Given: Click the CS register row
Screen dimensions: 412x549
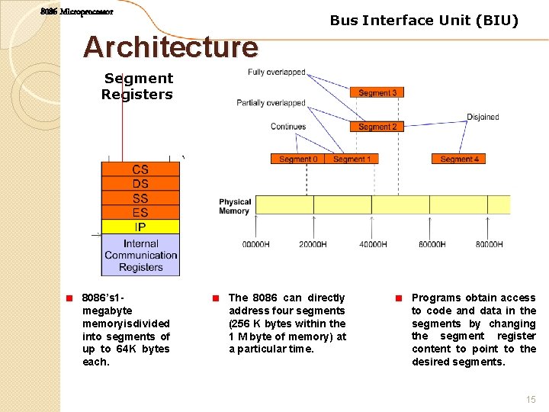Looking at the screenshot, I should tap(140, 169).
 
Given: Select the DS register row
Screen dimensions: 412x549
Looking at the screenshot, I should tap(140, 184).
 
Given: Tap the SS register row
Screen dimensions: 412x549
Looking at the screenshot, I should tap(140, 198).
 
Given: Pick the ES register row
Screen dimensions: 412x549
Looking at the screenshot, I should tap(140, 213).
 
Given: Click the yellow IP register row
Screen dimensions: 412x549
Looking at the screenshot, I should tap(140, 227).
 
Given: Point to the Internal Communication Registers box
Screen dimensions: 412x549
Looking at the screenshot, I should tap(140, 255).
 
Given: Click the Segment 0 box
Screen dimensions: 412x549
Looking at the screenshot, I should tap(297, 159).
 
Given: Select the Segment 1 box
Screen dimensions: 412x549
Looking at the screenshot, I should tap(351, 159).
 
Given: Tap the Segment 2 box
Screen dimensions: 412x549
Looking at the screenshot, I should tap(377, 127).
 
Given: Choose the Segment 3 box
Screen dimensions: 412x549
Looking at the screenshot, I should tap(377, 92).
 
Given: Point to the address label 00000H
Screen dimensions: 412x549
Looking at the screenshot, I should tap(255, 244).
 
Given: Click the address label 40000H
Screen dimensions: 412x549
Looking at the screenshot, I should tap(372, 244).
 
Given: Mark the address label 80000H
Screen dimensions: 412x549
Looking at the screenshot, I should tap(489, 244).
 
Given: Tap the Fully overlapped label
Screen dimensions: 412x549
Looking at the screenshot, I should tap(276, 72).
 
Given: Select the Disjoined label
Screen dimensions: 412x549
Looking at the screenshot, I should tap(483, 117).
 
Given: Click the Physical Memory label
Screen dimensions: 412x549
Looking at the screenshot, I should tap(234, 206).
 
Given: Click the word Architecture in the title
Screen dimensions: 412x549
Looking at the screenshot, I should tap(171, 47).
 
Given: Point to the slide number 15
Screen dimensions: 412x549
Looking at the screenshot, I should tap(531, 399).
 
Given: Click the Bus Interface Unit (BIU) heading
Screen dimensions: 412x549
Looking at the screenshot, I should tap(424, 21).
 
